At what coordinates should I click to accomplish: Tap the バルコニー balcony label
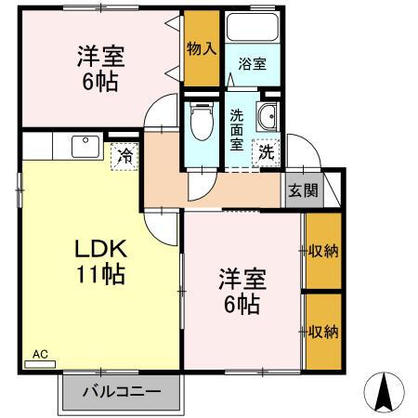click(x=120, y=390)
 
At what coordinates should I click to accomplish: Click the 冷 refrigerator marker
click(x=123, y=155)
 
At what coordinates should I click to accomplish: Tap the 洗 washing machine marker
click(x=266, y=150)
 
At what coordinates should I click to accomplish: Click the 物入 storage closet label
click(x=201, y=47)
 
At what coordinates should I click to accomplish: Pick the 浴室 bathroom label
click(x=252, y=64)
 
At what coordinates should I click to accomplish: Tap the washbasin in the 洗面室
click(x=268, y=118)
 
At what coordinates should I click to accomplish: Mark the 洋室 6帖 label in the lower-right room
click(x=240, y=290)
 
